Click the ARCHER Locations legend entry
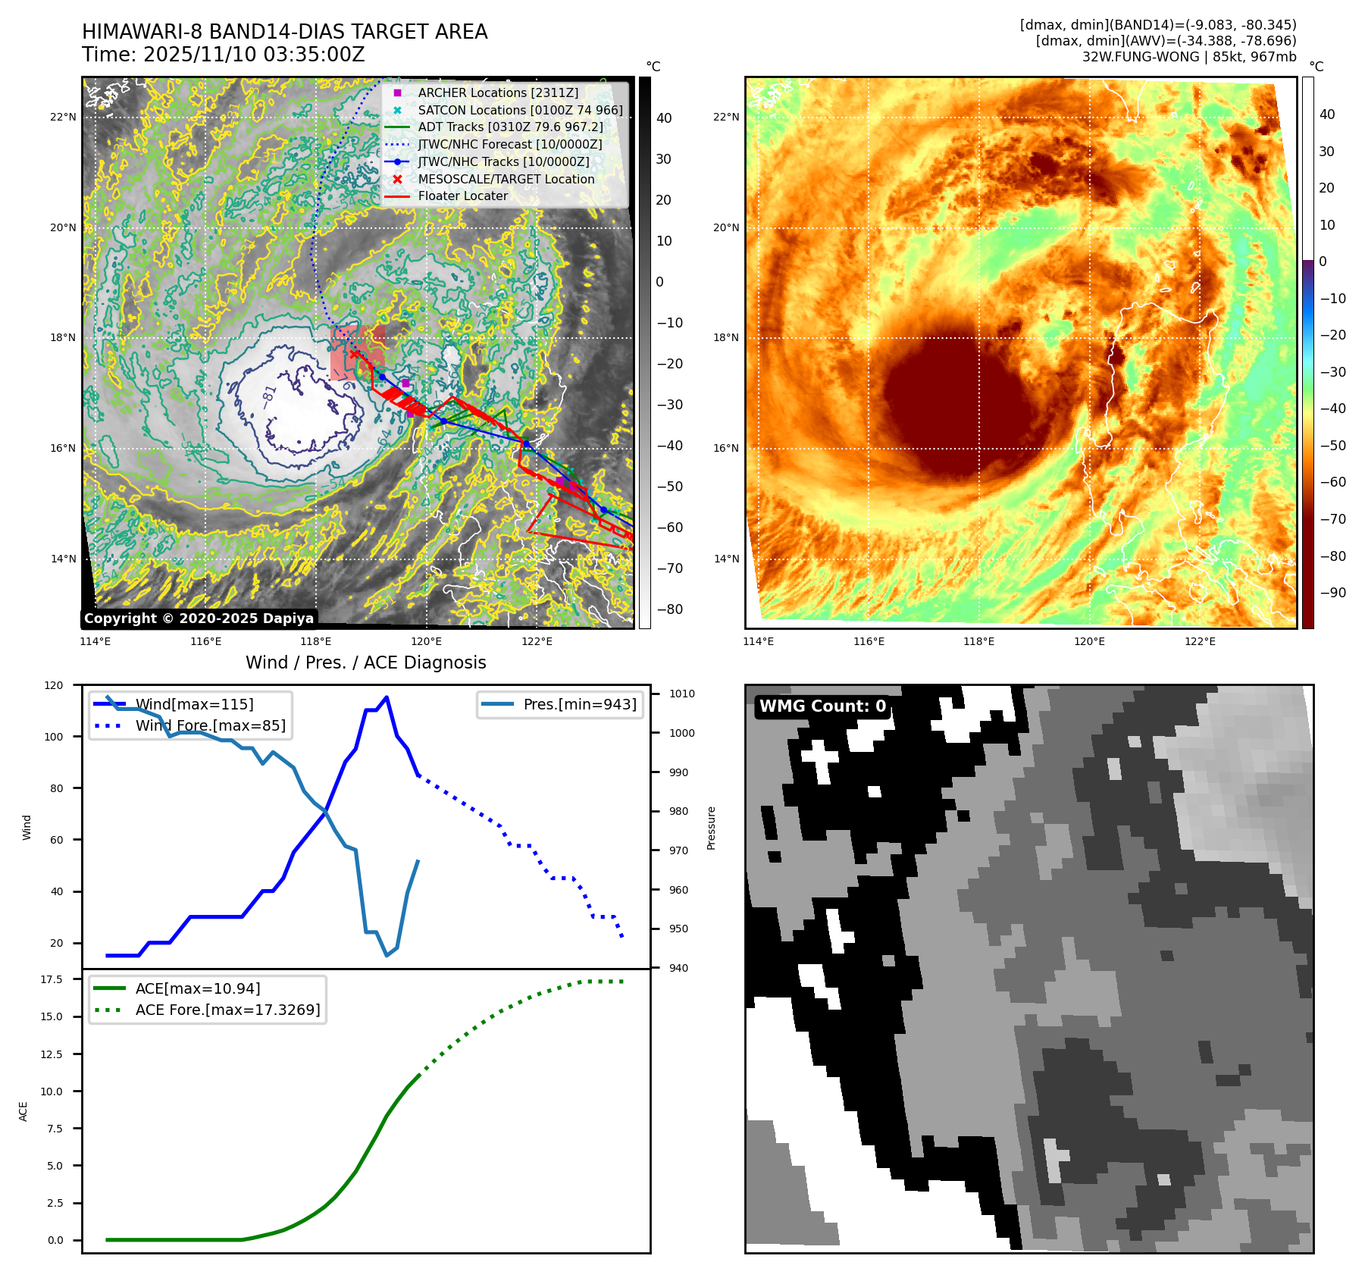[497, 92]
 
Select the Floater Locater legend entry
[462, 196]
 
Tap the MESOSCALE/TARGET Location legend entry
[506, 179]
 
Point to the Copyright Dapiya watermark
[199, 619]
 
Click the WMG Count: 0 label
[822, 706]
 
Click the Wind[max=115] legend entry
[194, 704]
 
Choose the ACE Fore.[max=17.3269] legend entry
[227, 1010]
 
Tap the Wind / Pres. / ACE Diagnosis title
[365, 662]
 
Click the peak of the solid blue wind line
[387, 697]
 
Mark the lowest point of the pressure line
[387, 955]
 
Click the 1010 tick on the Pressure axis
[681, 694]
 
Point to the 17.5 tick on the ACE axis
[52, 979]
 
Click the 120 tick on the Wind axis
[54, 685]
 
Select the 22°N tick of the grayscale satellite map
[63, 117]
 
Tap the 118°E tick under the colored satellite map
[978, 641]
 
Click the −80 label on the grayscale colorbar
[669, 609]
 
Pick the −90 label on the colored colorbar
[1332, 593]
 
